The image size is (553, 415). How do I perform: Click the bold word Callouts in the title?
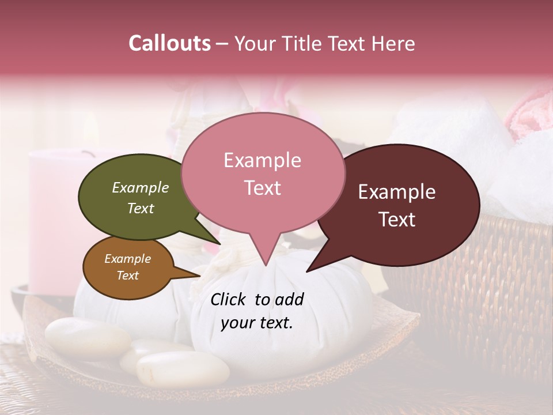(x=170, y=43)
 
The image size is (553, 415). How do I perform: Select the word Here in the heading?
(x=393, y=44)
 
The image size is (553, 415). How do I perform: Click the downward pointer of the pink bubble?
(x=266, y=254)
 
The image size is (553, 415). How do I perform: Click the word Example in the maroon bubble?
(x=397, y=192)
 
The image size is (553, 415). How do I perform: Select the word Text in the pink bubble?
(x=263, y=188)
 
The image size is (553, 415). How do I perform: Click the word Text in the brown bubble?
(x=128, y=276)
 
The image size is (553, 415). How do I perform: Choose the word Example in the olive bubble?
(x=141, y=187)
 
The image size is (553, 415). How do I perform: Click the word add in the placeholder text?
(x=290, y=299)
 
